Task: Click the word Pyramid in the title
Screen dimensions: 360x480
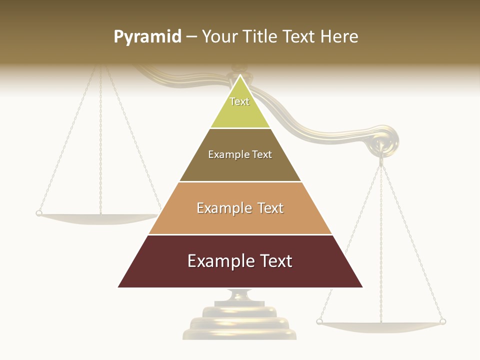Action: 147,36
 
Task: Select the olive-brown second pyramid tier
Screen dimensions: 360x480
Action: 240,167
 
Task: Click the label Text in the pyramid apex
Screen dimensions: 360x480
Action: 239,101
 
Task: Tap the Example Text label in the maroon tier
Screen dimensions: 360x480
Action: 240,261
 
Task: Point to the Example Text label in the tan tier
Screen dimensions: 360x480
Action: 240,208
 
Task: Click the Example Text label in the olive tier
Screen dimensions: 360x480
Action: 240,154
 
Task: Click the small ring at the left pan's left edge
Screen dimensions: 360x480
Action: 38,213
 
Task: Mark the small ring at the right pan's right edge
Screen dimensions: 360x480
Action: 442,321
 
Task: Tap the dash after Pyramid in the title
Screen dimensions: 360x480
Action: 191,36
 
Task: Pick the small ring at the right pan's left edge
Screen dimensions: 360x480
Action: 319,321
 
